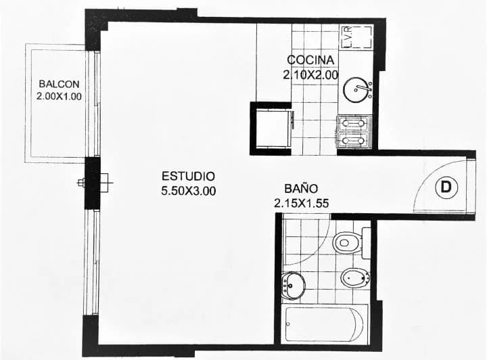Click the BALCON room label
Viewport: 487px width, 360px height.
click(x=59, y=84)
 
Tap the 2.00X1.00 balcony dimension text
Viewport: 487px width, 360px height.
click(x=59, y=96)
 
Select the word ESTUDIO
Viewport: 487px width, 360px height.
click(x=188, y=176)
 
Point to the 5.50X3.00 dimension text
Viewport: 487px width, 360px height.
click(x=188, y=191)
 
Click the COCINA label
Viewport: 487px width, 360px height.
click(x=310, y=60)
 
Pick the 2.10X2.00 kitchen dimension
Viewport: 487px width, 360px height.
click(x=310, y=75)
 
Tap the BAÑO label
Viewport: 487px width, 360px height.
click(x=301, y=188)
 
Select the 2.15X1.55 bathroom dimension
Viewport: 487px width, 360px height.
click(x=301, y=203)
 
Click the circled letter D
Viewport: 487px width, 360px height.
click(x=446, y=187)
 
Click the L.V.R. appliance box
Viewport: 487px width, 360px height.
click(x=356, y=37)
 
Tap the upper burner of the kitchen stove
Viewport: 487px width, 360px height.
click(x=353, y=124)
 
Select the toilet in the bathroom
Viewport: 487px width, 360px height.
click(x=347, y=242)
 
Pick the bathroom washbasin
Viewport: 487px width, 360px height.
click(x=293, y=286)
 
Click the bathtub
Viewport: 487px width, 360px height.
click(x=325, y=324)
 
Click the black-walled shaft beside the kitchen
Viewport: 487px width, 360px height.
click(x=271, y=129)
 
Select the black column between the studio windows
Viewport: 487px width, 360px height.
click(x=92, y=183)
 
